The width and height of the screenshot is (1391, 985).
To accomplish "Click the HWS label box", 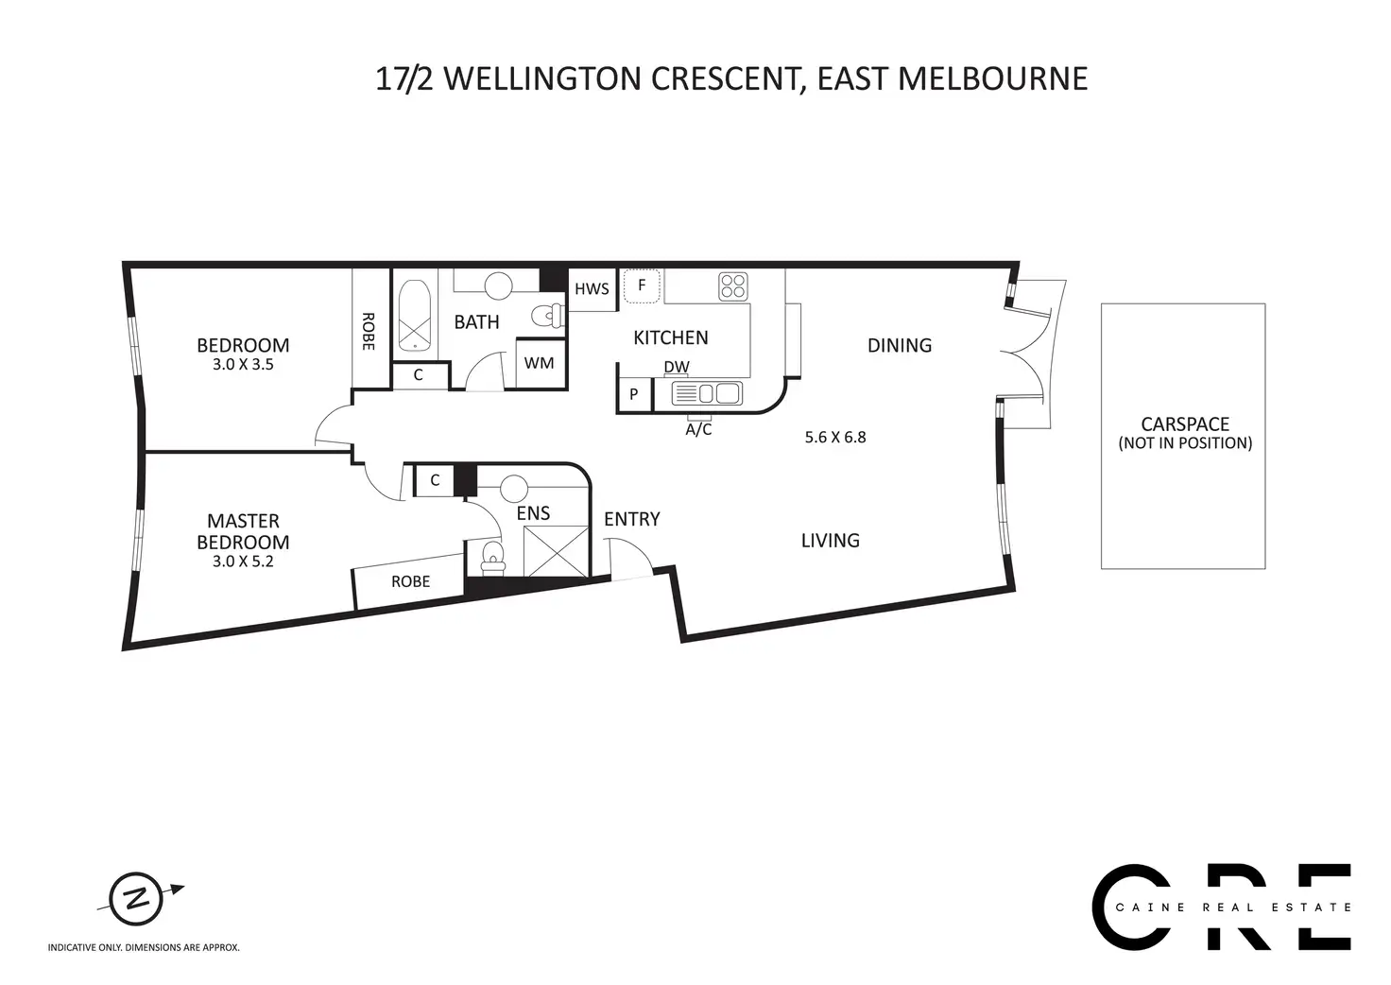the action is [592, 289].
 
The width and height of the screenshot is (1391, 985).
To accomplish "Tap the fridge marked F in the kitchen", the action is [642, 285].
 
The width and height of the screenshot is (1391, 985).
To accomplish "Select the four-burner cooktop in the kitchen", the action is [733, 287].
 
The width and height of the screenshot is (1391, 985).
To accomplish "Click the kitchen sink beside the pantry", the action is [707, 394].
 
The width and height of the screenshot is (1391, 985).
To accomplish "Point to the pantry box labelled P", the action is [634, 394].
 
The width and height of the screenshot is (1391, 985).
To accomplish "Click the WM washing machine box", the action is [540, 363].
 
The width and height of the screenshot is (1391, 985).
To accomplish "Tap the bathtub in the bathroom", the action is [414, 316].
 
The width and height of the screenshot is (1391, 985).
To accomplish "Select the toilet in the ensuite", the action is [493, 558].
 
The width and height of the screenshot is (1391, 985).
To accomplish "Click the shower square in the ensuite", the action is [556, 551].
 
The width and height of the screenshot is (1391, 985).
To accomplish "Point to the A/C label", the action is [698, 429].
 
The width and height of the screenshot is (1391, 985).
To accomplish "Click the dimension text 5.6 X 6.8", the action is [835, 438].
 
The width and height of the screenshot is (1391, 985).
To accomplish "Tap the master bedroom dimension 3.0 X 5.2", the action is [243, 562].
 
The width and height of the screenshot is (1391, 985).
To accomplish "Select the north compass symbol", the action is [137, 899].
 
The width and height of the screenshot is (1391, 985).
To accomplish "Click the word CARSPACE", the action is [1185, 424].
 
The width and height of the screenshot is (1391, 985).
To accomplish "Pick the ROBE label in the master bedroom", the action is [410, 581].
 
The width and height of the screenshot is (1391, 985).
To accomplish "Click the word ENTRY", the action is [631, 519].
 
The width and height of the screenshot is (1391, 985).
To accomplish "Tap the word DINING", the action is [900, 345].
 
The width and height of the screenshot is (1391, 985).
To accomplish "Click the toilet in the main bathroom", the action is [548, 316].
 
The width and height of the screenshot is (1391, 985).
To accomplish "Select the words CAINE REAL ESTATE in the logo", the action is [1233, 907].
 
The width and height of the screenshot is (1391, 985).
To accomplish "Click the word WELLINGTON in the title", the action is [542, 78].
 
